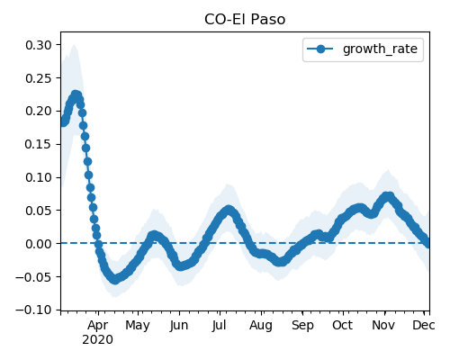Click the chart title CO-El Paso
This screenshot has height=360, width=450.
[245, 20]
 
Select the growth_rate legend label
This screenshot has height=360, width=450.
[380, 49]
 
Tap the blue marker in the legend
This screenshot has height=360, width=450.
[320, 49]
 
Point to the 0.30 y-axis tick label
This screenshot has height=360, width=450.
[39, 45]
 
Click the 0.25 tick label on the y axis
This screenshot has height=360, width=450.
[39, 78]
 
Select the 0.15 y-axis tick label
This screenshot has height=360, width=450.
[39, 144]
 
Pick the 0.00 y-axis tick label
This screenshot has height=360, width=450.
[39, 244]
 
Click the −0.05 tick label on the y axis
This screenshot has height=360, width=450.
[33, 276]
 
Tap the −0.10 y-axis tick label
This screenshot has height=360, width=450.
[33, 310]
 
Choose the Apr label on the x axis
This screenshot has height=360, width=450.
[98, 326]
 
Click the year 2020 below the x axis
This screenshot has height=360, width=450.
[98, 340]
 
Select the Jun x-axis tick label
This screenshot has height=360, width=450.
[179, 326]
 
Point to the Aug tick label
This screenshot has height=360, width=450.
[261, 326]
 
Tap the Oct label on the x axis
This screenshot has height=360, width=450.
[343, 325]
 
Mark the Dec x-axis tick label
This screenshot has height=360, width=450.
[424, 325]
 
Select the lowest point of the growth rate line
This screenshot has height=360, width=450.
[115, 280]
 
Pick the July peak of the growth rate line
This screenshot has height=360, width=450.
[229, 210]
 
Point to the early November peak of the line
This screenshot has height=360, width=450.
[388, 197]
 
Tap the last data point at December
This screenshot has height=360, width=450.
[427, 243]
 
